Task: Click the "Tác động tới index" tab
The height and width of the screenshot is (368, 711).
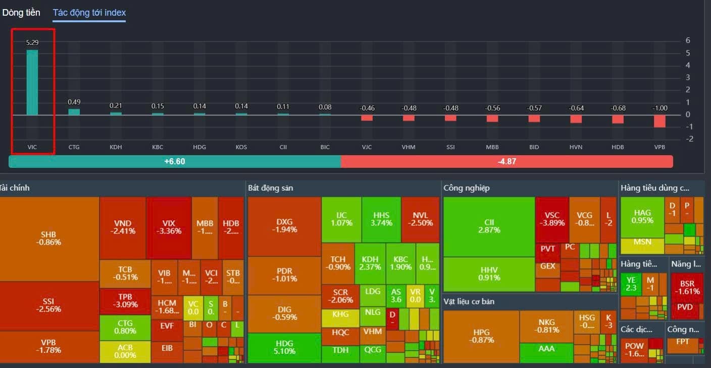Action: pos(89,13)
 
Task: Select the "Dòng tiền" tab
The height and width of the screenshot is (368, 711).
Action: pos(21,13)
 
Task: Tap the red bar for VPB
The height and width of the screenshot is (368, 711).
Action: pos(659,121)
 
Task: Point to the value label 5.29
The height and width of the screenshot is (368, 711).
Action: pos(32,42)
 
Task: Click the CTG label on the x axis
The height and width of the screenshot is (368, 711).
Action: pos(74,147)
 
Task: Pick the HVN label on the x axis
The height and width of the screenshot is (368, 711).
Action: pos(576,147)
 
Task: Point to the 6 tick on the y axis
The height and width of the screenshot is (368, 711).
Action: pos(688,41)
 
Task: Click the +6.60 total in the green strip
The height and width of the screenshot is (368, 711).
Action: pos(175,162)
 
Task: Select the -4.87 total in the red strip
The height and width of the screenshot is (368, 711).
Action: pos(506,162)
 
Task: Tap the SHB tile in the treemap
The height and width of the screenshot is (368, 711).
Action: pos(48,238)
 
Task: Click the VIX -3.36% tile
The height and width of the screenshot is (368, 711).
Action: pos(169,227)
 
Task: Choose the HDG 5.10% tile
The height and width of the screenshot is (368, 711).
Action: pos(284,347)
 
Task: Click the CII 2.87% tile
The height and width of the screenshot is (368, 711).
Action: pos(489,226)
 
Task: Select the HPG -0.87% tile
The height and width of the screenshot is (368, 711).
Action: pos(481,336)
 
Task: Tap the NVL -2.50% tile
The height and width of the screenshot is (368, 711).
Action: pos(420,219)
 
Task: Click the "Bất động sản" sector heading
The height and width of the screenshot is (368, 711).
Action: pos(271,188)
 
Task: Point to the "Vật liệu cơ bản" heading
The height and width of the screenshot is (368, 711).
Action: pos(469,301)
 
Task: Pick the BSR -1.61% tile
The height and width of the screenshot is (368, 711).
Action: pos(687,287)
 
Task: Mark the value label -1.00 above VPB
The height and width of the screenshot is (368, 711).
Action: pos(659,108)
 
